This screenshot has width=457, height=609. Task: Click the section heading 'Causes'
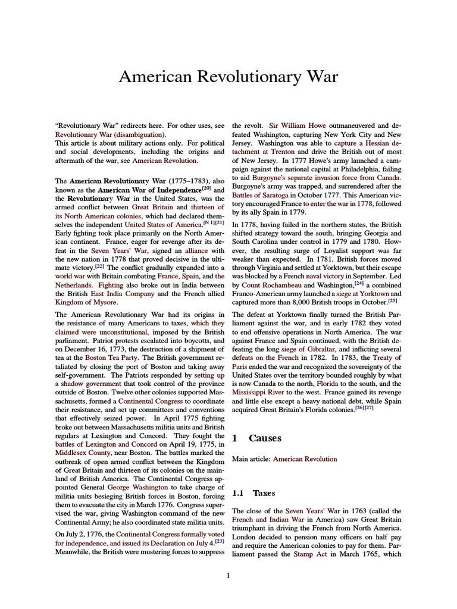pyautogui.click(x=265, y=438)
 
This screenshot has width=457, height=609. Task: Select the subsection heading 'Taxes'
pyautogui.click(x=264, y=493)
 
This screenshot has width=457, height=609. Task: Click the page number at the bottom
pyautogui.click(x=228, y=575)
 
